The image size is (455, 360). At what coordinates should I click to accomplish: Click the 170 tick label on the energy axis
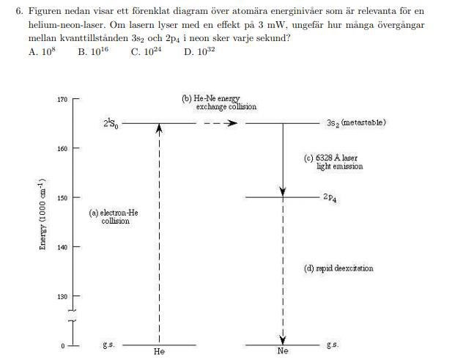[x=62, y=99]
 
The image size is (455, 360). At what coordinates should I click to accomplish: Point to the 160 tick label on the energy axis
[x=62, y=149]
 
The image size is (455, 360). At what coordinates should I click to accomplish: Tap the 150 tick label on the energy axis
[x=62, y=198]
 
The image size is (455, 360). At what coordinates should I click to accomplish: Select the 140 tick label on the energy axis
[x=62, y=248]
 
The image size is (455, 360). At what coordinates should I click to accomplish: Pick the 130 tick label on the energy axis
[x=62, y=297]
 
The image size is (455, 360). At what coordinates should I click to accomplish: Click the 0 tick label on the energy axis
[x=63, y=345]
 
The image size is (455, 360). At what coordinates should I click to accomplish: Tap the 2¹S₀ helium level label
[x=109, y=123]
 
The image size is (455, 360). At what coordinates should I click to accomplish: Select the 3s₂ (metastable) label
[x=356, y=122]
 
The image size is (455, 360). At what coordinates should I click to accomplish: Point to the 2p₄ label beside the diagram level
[x=330, y=198]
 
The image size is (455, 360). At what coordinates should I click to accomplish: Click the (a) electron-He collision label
[x=114, y=217]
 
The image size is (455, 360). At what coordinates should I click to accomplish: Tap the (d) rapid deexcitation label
[x=339, y=268]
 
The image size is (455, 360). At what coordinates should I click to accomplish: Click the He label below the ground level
[x=160, y=352]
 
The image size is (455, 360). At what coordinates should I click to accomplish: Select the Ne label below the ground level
[x=284, y=352]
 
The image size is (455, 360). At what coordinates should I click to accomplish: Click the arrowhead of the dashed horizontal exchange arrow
[x=232, y=122]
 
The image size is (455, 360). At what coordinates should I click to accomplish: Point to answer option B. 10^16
[x=93, y=52]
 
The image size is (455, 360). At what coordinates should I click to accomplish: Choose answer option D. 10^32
[x=199, y=52]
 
